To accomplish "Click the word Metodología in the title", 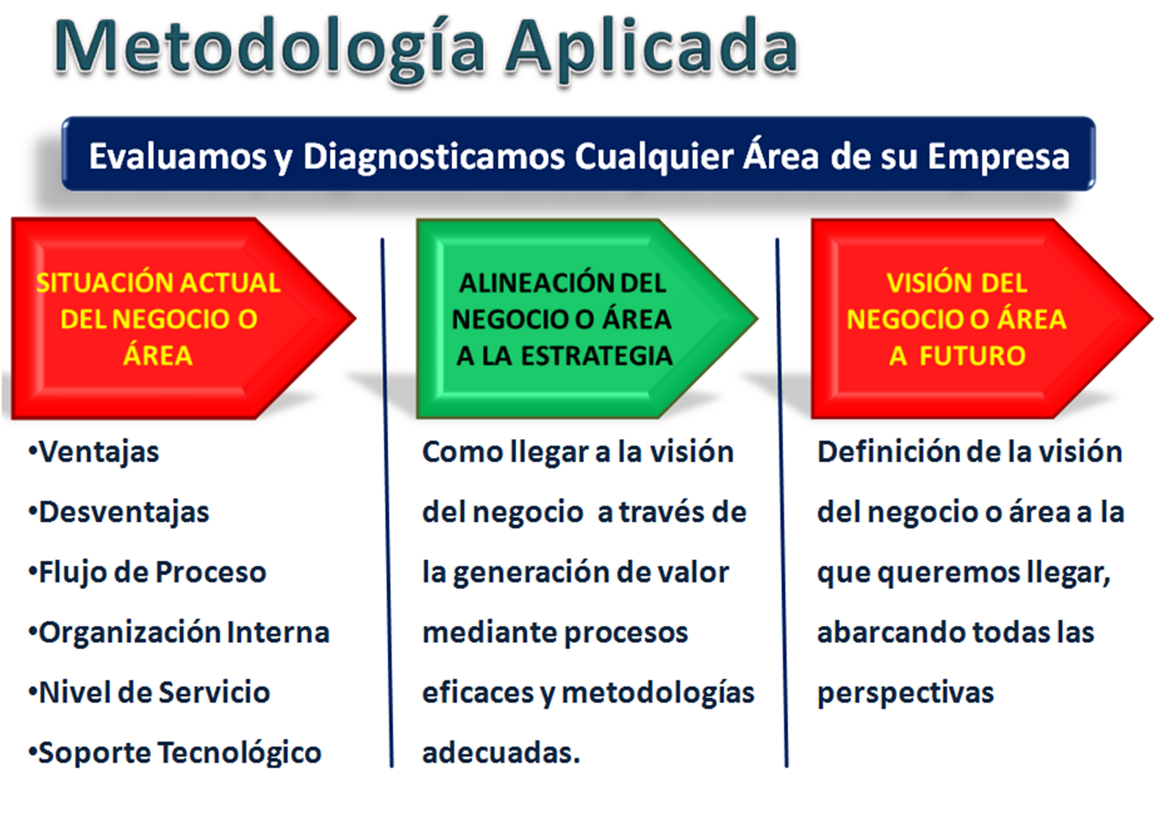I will click(268, 48).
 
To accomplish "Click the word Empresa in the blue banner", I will click(998, 157).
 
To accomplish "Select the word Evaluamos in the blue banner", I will click(177, 157).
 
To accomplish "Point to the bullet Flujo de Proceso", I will click(151, 573).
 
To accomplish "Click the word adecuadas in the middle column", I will click(501, 753).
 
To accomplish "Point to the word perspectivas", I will click(905, 693).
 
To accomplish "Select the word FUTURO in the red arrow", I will click(972, 356).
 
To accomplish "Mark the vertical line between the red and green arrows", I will click(387, 500).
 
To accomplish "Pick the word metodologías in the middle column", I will click(658, 693).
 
